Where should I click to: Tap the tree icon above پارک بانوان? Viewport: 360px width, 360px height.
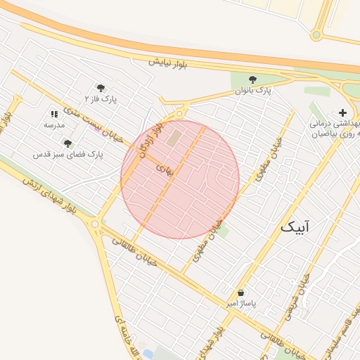click(253, 79)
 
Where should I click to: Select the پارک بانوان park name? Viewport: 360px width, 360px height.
click(253, 91)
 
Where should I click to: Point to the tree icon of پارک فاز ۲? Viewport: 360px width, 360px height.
click(101, 88)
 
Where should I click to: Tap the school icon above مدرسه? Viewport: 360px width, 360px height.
click(54, 113)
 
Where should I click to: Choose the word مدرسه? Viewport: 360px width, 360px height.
click(54, 124)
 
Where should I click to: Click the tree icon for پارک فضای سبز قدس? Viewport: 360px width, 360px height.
click(67, 143)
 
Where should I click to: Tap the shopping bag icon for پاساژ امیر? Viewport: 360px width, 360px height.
click(241, 292)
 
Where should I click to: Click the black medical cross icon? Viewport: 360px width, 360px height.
click(342, 112)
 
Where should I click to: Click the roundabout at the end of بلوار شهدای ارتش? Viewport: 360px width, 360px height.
click(95, 224)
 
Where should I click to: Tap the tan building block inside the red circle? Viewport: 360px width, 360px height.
click(174, 138)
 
